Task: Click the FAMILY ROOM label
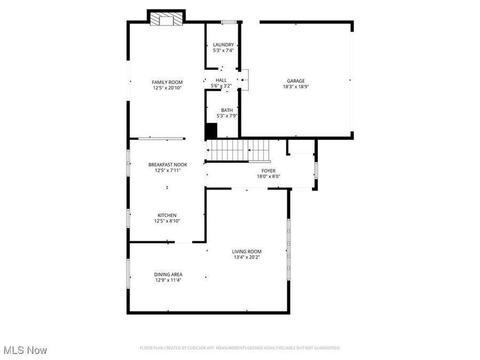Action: pos(167,82)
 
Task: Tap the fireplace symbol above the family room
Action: pos(166,19)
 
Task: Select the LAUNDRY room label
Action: pos(223,44)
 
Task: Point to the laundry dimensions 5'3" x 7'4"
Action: pos(223,50)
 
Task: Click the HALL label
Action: pos(221,80)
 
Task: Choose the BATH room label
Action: pos(227,110)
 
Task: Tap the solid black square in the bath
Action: pos(211,131)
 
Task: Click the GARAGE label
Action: pos(296,81)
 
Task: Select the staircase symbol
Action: pos(239,149)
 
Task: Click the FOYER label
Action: pos(268,170)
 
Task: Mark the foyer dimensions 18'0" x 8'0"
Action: pos(268,176)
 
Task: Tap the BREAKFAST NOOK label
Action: pos(167,165)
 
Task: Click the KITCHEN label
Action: pos(167,215)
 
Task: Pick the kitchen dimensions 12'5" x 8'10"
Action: pos(167,221)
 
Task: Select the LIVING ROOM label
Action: pos(246,251)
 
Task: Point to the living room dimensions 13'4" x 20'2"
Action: pos(246,257)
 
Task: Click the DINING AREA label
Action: pos(169,274)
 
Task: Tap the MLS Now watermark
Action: pos(25,350)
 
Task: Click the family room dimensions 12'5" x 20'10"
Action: pos(167,88)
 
